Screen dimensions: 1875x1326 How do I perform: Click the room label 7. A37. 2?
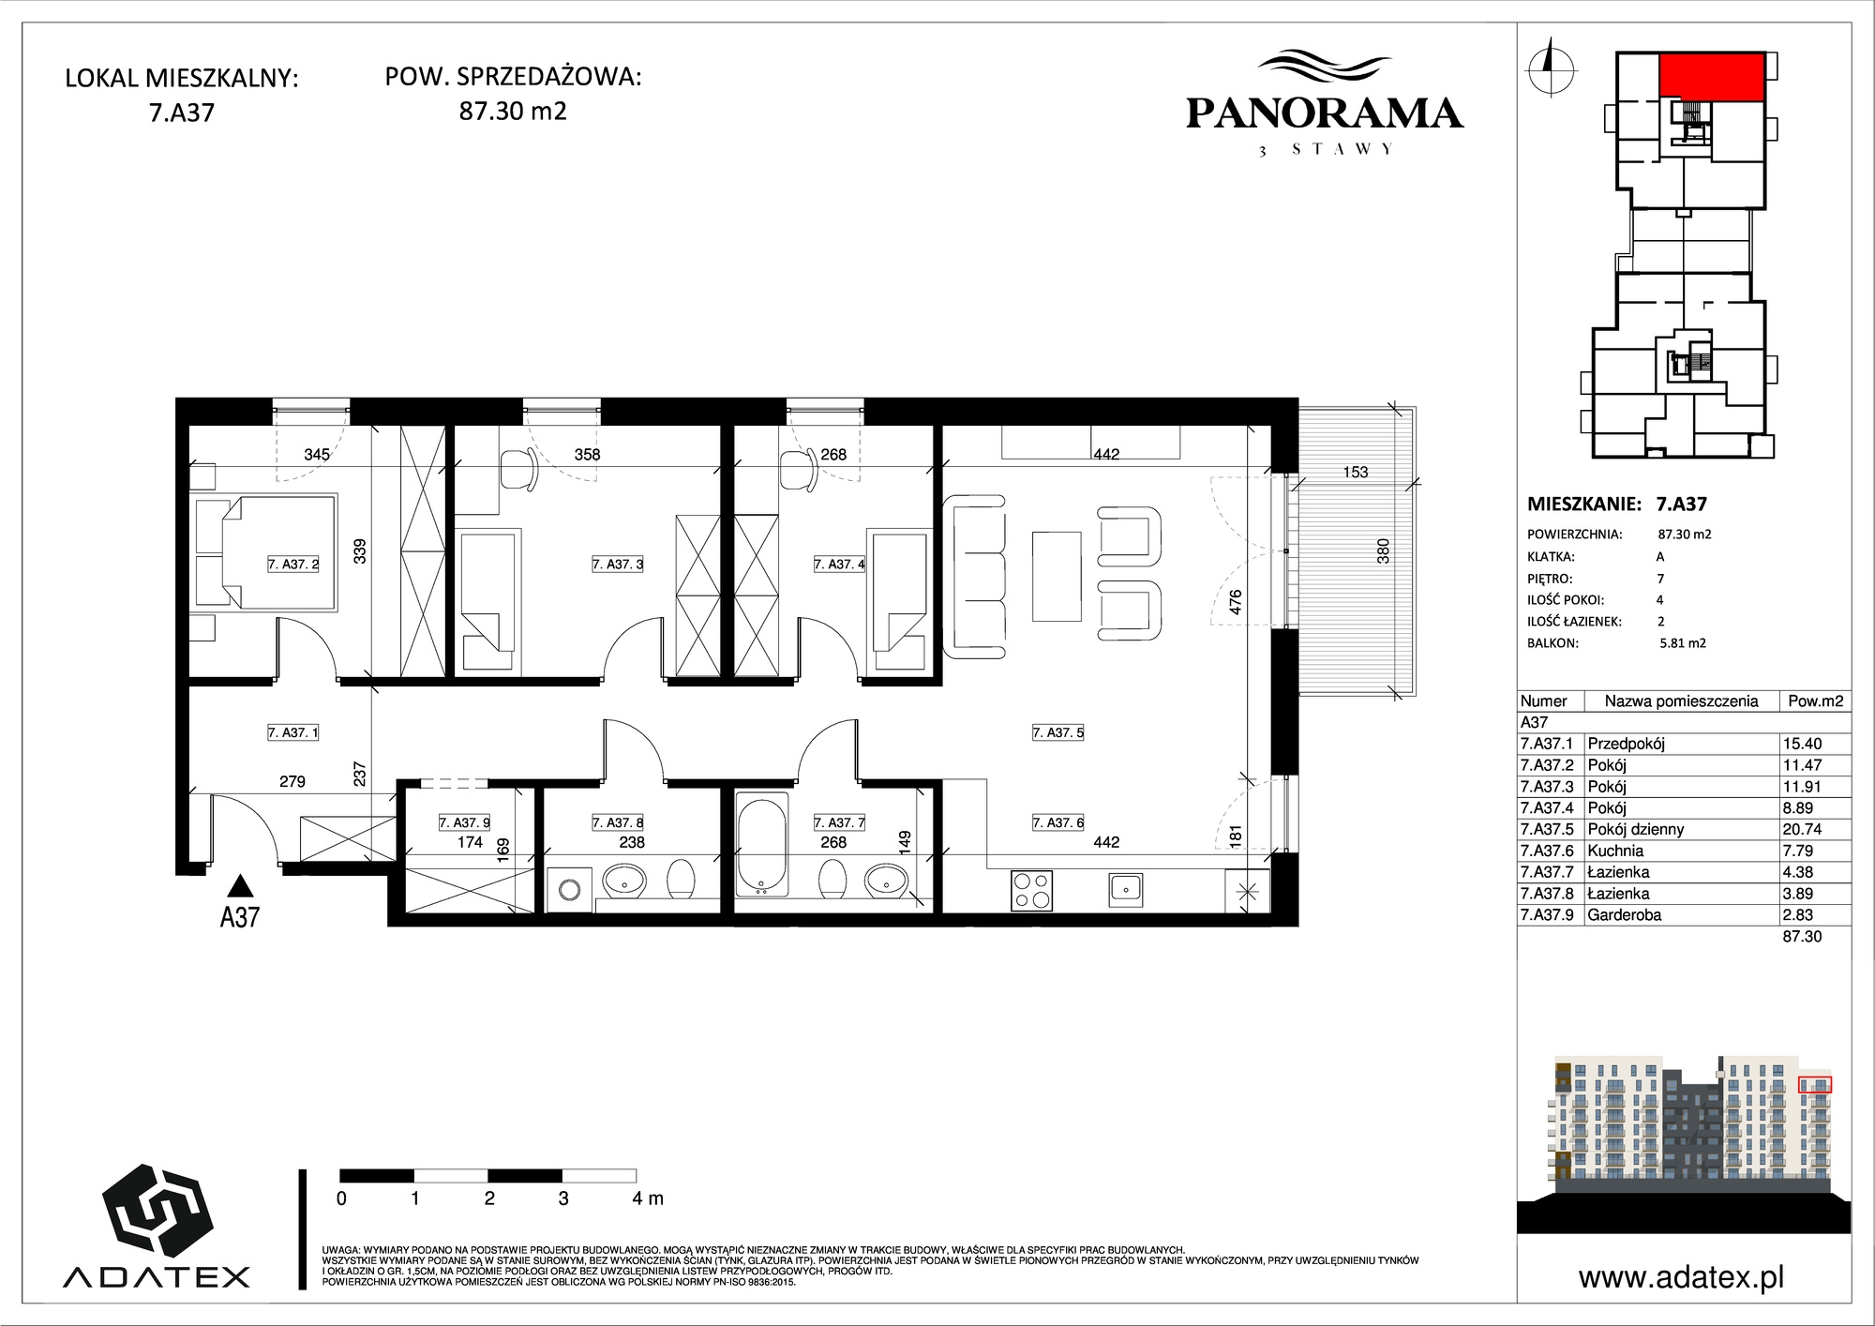click(x=293, y=565)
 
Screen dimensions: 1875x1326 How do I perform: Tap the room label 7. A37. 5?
click(x=1057, y=732)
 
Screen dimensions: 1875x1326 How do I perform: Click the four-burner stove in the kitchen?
click(x=1031, y=890)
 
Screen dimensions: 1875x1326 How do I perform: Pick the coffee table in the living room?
click(x=1057, y=576)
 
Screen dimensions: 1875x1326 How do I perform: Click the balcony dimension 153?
click(x=1355, y=472)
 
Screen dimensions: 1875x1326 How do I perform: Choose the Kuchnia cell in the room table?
click(x=1615, y=851)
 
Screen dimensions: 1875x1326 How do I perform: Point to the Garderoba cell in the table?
click(x=1624, y=914)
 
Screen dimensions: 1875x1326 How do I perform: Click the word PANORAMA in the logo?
click(x=1324, y=113)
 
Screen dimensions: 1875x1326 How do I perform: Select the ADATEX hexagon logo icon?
click(x=157, y=1213)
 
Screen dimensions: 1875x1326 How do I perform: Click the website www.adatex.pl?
click(x=1681, y=1277)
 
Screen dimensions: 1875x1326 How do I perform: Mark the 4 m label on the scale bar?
click(x=647, y=1198)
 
